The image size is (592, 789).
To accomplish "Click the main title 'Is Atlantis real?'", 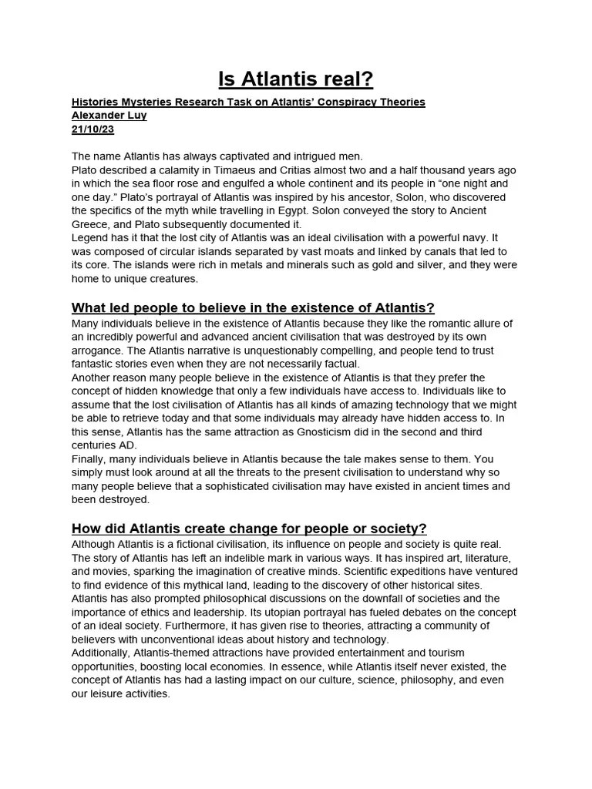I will tap(296, 79).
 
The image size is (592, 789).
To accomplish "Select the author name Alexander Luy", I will tap(109, 116).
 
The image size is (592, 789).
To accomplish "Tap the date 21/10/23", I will tap(92, 129).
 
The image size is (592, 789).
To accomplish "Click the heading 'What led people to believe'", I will tap(253, 308).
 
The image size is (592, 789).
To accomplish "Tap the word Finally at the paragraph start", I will tap(89, 459).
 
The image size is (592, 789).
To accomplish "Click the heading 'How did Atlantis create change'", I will tap(248, 529).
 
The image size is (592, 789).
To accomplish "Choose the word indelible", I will tap(269, 557).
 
